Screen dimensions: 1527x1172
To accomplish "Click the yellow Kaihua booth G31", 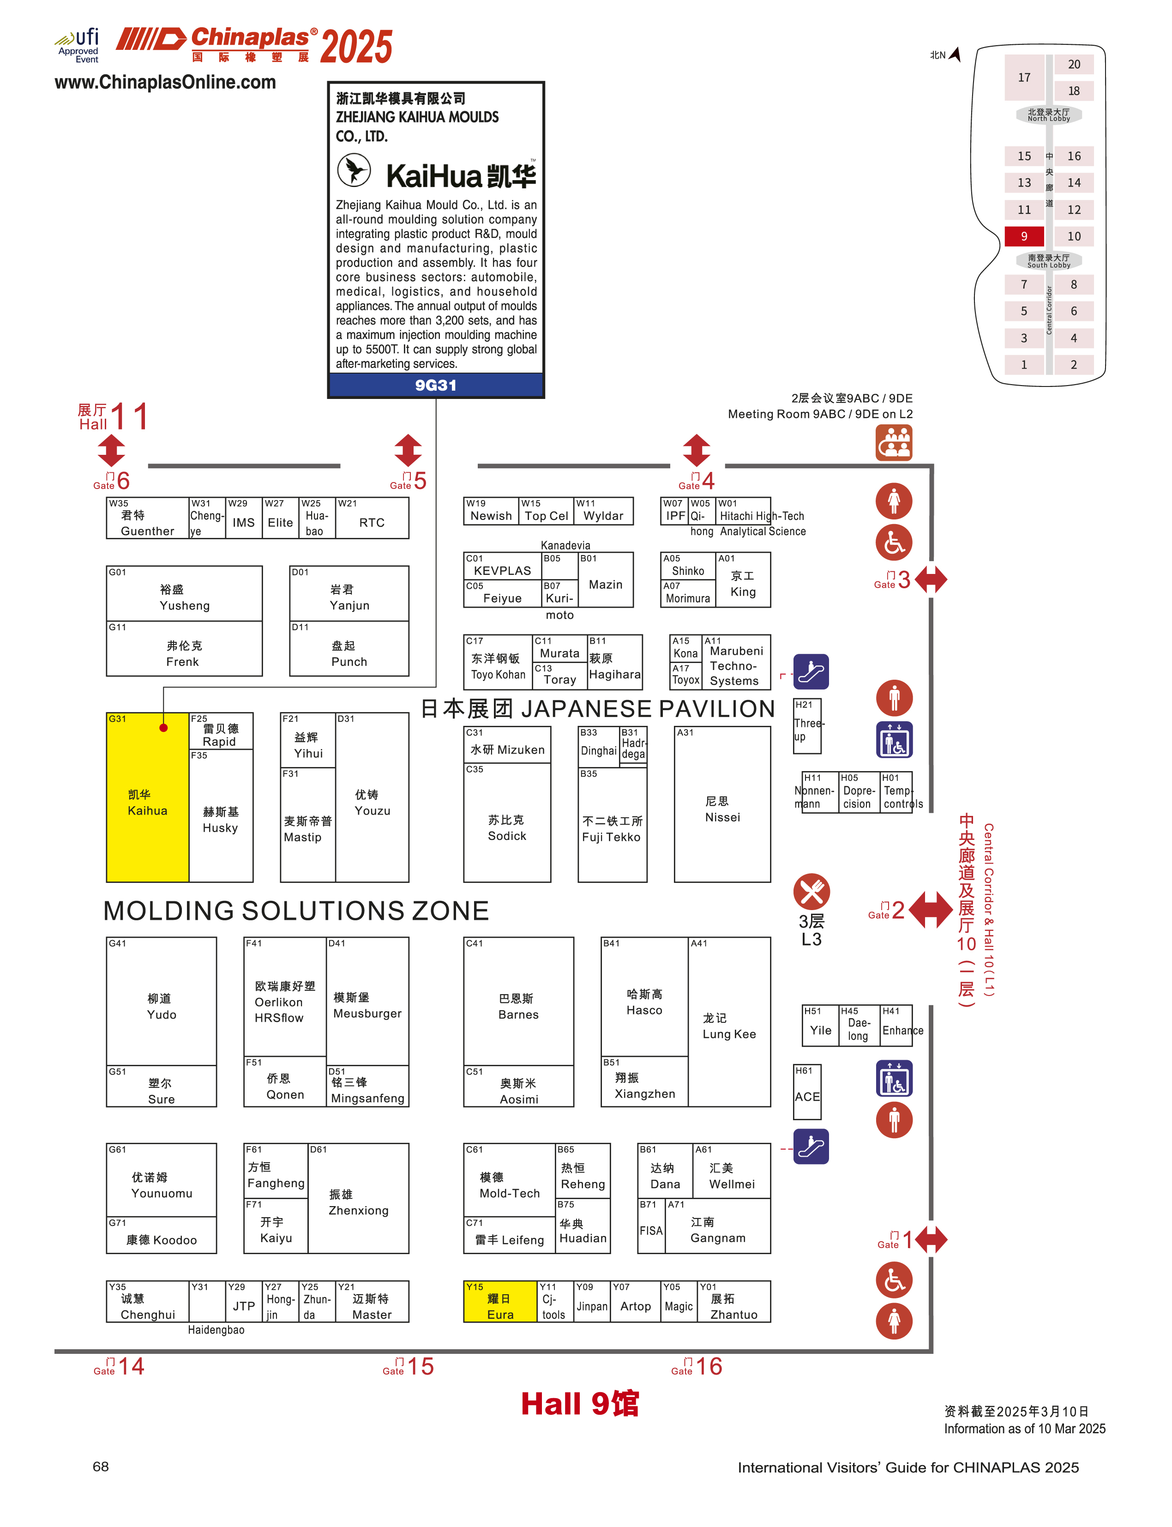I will click(x=147, y=803).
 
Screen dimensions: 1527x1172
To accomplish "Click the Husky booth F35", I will click(x=221, y=816).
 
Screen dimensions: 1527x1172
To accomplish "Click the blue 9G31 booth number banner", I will click(x=435, y=385).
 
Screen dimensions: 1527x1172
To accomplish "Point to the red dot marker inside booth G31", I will click(x=163, y=728).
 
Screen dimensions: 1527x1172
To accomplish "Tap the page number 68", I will click(x=101, y=1467).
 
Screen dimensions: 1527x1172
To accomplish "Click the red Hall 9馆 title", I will click(x=580, y=1403).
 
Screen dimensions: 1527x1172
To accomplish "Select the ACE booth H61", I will click(x=807, y=1092).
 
